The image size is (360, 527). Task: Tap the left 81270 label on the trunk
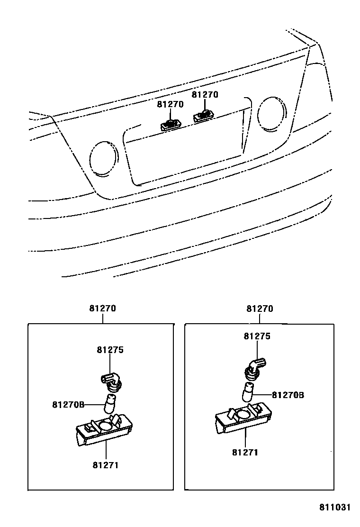tap(170, 105)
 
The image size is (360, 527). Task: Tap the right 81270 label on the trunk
tap(205, 95)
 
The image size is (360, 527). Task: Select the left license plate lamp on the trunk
tap(170, 125)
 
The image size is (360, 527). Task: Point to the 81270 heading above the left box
tap(102, 309)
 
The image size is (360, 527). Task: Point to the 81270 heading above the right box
tap(260, 309)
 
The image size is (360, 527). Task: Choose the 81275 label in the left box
tap(110, 350)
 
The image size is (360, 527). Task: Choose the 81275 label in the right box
tap(257, 336)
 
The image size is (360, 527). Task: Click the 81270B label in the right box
tap(288, 394)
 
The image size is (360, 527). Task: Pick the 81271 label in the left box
tap(105, 464)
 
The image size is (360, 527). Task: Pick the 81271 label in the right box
tap(245, 452)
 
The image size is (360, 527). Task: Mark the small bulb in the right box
tap(248, 392)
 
